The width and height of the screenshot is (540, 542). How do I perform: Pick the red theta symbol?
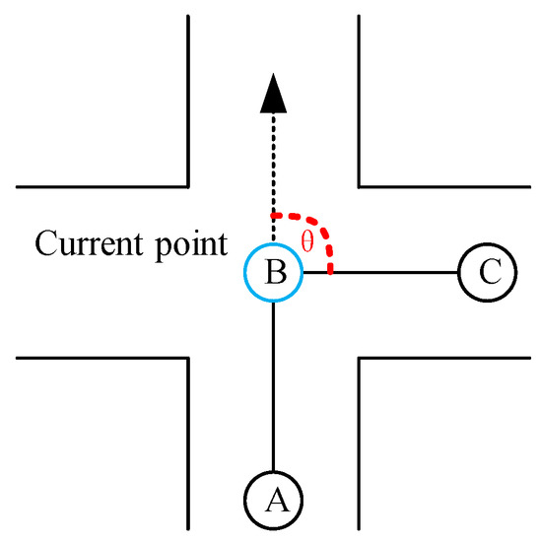[306, 241]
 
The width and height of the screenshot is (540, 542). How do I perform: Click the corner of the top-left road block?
[187, 185]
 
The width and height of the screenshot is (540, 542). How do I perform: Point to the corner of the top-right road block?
[361, 185]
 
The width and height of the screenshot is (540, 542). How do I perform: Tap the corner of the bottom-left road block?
[187, 360]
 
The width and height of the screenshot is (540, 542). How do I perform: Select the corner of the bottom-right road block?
[361, 360]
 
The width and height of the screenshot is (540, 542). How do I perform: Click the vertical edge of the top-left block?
[187, 99]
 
